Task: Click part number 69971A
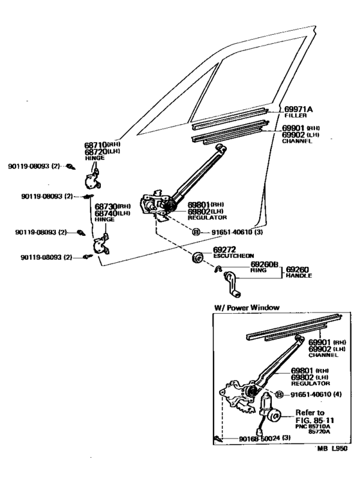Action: [x=298, y=110]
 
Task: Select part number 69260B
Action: [x=264, y=264]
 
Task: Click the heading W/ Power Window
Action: [x=246, y=308]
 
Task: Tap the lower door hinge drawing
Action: [x=100, y=245]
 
